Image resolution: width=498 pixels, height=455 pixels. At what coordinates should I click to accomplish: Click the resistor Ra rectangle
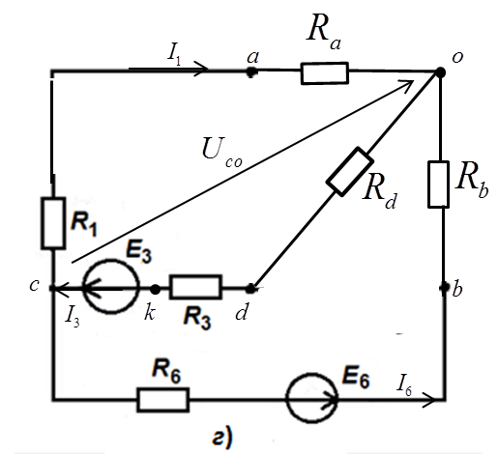pos(325,73)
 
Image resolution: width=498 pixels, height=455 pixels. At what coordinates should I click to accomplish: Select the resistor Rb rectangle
pos(438,185)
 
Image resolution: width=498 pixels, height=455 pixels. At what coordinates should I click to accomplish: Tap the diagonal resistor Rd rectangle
pos(350,172)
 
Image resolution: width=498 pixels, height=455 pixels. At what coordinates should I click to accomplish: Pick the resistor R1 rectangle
pos(53,223)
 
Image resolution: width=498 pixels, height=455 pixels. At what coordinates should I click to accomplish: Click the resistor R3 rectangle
pos(195,287)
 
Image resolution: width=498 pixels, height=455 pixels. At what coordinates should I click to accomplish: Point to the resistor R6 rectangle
pos(162,400)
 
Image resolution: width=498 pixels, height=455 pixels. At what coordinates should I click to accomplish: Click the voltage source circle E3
pos(111,286)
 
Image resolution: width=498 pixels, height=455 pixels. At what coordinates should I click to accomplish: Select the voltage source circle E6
pos(311,398)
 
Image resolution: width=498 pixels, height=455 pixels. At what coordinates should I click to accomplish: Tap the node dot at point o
pos(440,72)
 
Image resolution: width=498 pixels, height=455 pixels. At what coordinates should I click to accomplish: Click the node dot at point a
pos(251,71)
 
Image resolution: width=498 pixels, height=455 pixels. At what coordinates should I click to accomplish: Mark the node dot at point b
pos(445,287)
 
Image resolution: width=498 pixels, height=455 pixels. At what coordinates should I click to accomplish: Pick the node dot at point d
pos(250,289)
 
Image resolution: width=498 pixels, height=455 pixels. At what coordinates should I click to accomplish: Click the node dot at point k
pos(156,289)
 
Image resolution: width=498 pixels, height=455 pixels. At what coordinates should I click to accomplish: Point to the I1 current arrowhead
pos(202,69)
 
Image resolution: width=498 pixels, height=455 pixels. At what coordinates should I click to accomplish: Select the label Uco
pos(221,153)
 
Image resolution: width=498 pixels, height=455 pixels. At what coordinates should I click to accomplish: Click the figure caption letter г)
pos(222,438)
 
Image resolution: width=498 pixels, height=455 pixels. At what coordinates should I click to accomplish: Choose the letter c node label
pos(34,285)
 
